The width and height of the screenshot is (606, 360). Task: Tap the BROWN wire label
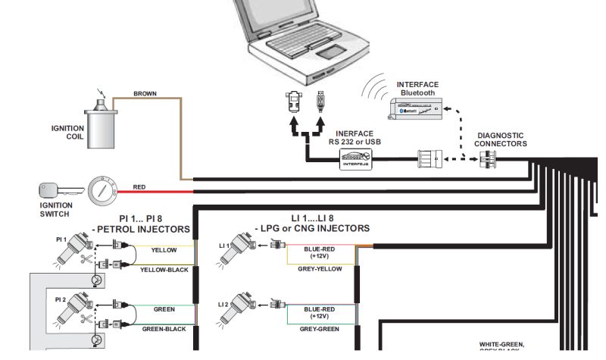pos(145,94)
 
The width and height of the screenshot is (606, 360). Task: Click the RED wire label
pos(139,186)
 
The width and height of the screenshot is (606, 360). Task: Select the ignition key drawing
pos(52,189)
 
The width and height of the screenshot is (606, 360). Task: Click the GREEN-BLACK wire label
pos(164,329)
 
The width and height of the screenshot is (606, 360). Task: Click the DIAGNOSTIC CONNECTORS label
pos(500,140)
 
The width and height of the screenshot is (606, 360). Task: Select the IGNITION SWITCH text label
pos(56,209)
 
